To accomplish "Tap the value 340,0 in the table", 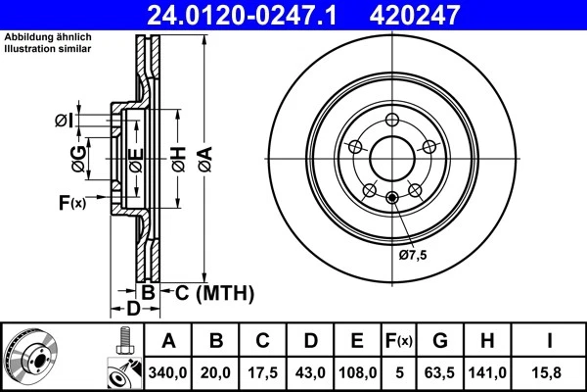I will pos(168,372).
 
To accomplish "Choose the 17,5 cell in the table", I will pos(263,372).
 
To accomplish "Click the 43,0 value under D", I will pos(310,372).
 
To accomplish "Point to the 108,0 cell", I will pos(357,372).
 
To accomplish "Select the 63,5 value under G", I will pos(440,372).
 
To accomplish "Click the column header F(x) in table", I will pos(398,341).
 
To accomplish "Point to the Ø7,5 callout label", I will pos(413,256).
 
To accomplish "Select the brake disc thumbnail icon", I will pos(31,358).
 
